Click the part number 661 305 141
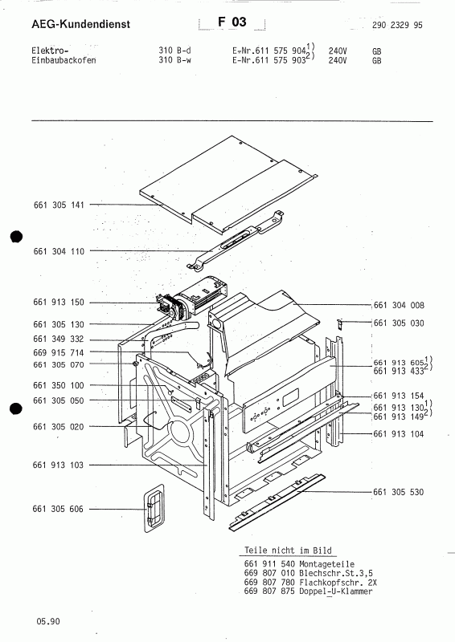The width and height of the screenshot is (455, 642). tap(59, 205)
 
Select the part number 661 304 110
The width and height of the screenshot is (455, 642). tap(59, 251)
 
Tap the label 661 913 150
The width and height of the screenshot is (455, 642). tap(59, 303)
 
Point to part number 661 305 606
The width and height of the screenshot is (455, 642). tap(58, 509)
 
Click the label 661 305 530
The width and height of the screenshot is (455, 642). tap(399, 492)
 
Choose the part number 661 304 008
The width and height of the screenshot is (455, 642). tap(399, 305)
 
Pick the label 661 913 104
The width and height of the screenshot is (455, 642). tap(399, 434)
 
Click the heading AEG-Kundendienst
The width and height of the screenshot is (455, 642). tap(81, 24)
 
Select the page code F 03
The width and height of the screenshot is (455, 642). tap(232, 22)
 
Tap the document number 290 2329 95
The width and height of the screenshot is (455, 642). tap(397, 25)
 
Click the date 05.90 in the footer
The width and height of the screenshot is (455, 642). tap(48, 621)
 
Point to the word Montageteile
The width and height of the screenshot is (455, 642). tap(326, 564)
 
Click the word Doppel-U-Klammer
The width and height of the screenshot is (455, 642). tap(336, 591)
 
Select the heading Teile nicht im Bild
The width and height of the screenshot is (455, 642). tap(288, 551)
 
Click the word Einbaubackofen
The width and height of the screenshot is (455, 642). tap(64, 60)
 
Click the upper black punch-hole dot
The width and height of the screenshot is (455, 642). tap(16, 237)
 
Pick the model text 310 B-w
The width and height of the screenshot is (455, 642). tap(174, 60)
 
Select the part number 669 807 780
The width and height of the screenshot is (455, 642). tap(269, 583)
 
